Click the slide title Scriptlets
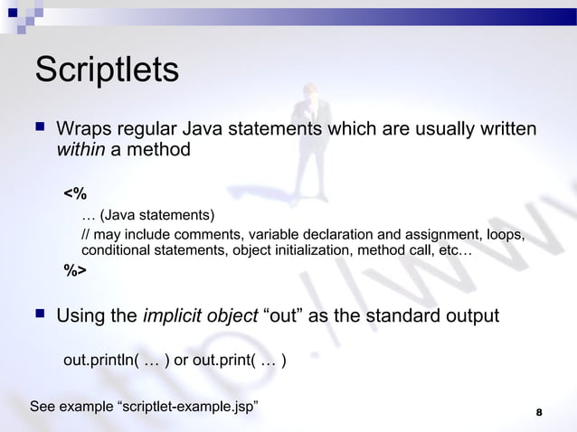pos(106,71)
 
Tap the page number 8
pos(539,413)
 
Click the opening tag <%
pos(75,193)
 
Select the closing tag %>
pos(75,269)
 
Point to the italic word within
pos(81,149)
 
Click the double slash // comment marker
pos(86,236)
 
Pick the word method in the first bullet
pos(160,149)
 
